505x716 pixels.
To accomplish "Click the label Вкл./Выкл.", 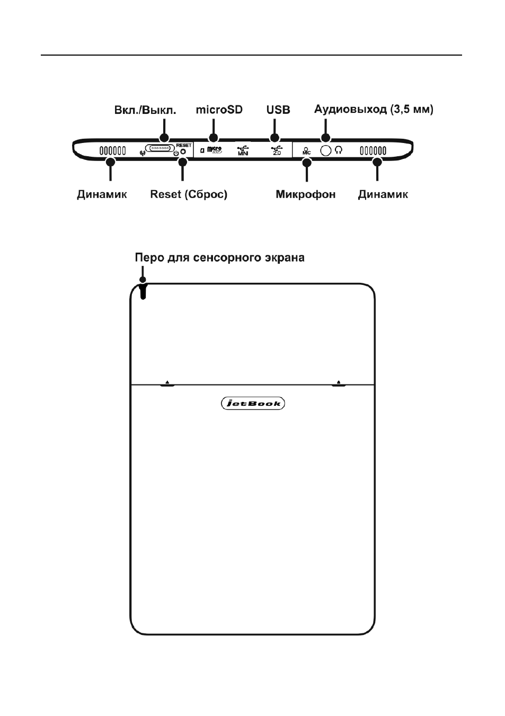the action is click(x=145, y=110).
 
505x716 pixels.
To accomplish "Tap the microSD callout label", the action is click(x=219, y=110).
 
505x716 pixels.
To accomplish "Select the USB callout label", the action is click(x=278, y=110).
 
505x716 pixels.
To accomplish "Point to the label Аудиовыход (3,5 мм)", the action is click(x=374, y=110).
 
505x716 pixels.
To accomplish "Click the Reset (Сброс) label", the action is click(x=189, y=194).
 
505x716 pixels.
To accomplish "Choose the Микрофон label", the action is click(x=306, y=194).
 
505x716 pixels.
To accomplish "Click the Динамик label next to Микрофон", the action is click(x=383, y=194).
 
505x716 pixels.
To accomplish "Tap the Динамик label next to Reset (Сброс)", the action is click(x=102, y=194).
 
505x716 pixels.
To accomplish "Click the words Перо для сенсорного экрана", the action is click(x=220, y=257).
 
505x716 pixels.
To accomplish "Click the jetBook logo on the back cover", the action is click(x=253, y=404).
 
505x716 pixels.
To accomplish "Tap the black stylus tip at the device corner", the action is click(x=143, y=291).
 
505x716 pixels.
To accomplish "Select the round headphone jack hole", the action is click(x=325, y=150).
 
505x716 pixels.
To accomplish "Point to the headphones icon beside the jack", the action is click(x=339, y=149).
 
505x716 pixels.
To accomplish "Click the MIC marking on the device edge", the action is click(x=306, y=151).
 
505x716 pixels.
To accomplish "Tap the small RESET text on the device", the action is click(x=184, y=145).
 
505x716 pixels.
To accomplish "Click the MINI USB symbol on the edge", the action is click(x=243, y=150).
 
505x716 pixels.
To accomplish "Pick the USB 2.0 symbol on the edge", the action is click(x=277, y=150).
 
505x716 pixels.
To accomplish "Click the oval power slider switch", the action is click(x=160, y=149).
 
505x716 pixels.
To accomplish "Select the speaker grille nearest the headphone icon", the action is click(x=373, y=150).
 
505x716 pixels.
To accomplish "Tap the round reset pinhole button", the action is click(x=183, y=152).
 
